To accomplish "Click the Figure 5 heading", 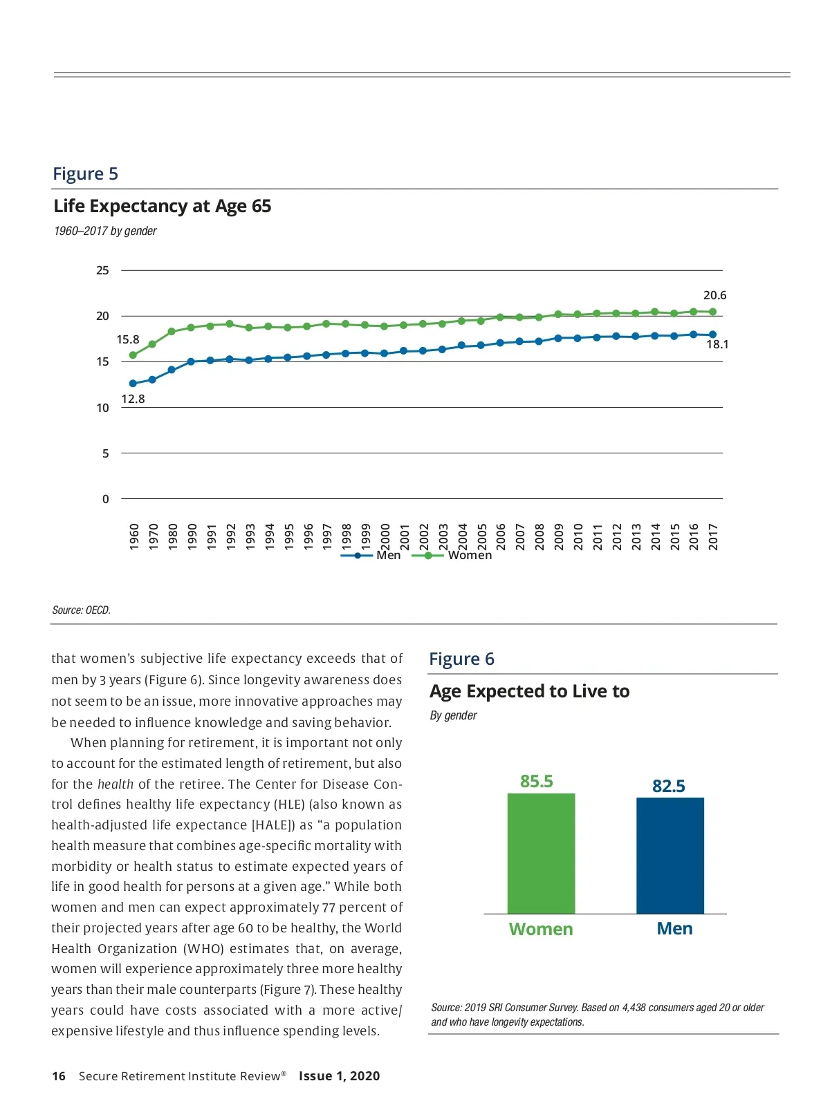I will tap(85, 173).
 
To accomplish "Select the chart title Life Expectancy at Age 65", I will tap(162, 206).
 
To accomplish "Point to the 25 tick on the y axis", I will tap(102, 270).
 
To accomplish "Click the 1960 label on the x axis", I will tap(134, 536).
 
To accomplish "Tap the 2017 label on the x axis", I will tap(713, 536).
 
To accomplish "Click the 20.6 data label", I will tap(714, 295).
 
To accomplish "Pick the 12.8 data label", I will tap(133, 399).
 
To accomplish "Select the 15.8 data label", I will tap(127, 339).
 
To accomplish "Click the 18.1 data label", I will tap(717, 344).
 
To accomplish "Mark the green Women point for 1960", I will tap(133, 355).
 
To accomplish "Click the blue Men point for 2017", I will tap(712, 335).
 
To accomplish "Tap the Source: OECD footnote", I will tap(81, 610).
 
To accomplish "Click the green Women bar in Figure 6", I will tap(541, 854).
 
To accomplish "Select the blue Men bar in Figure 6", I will tap(670, 856).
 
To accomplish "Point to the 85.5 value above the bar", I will tap(536, 781).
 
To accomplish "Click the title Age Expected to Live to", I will tap(529, 691).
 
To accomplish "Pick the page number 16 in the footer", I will tap(59, 1076).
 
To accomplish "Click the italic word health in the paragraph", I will tap(115, 784).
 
